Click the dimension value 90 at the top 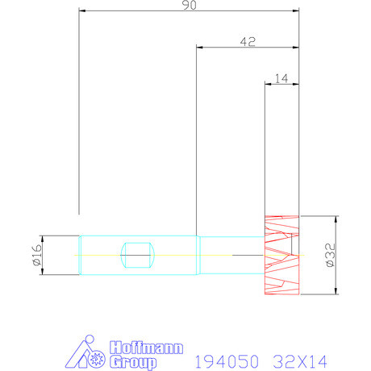tap(189, 6)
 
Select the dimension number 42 tap(248, 40)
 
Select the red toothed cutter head tap(282, 255)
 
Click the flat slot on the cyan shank tap(136, 256)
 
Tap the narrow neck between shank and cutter tap(232, 255)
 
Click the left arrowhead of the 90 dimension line tap(81, 11)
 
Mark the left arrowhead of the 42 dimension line tap(199, 47)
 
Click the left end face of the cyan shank tap(79, 256)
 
